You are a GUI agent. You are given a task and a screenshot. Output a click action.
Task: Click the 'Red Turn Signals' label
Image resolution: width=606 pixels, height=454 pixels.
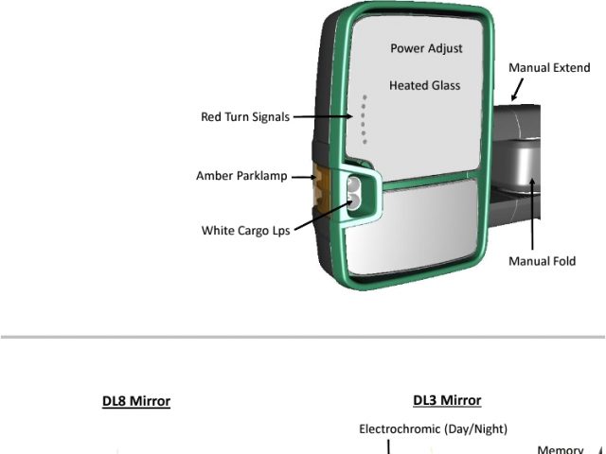point(244,117)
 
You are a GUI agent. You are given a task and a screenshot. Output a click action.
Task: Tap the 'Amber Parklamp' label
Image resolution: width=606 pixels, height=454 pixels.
point(241,176)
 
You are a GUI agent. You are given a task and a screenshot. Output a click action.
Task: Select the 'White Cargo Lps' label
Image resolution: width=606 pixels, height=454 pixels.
point(245,231)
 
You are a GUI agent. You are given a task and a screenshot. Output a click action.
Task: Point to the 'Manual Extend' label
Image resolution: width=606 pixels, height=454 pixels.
point(549,68)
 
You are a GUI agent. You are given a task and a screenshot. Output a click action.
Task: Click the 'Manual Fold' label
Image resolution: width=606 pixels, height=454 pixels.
point(542,261)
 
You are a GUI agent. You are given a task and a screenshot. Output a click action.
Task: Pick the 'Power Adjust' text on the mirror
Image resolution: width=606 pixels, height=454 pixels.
point(425,48)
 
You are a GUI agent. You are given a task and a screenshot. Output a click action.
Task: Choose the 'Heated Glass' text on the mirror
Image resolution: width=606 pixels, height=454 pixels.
point(424,85)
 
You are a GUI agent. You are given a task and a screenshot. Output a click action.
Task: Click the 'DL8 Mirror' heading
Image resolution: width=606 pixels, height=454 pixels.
point(136,401)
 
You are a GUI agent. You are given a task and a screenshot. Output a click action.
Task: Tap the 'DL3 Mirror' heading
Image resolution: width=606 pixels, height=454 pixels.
point(447,400)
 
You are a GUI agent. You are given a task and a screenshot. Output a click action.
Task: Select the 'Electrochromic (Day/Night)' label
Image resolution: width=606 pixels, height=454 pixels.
point(433,429)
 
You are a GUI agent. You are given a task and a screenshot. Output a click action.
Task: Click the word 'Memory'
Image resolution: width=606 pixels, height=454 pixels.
point(560,449)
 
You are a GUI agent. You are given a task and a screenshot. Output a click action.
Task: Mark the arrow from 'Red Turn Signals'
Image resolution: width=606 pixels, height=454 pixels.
point(323,117)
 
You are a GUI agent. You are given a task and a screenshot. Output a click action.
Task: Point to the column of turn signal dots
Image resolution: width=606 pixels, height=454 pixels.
point(364,118)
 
